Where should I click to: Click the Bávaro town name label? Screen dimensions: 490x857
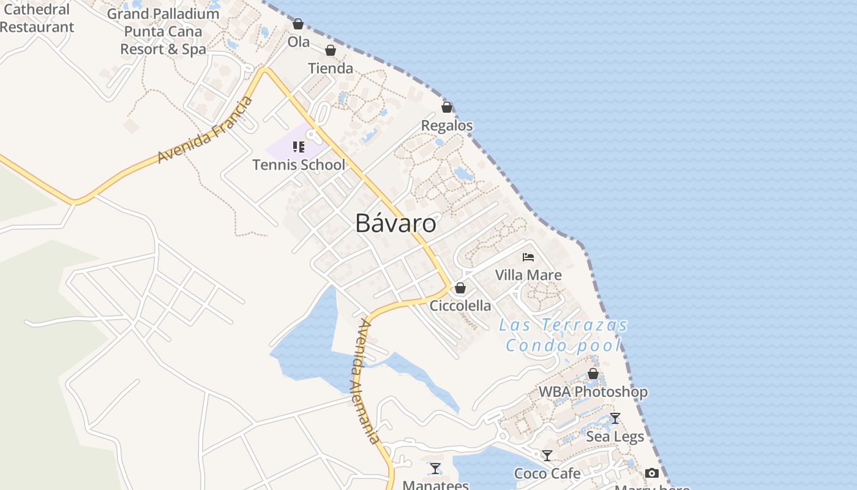point(395,224)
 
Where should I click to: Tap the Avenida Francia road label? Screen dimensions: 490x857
point(204,130)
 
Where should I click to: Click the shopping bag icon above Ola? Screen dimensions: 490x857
point(298,24)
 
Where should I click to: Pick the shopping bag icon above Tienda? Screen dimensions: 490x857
point(331,50)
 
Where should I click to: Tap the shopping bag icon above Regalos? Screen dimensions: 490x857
point(447,107)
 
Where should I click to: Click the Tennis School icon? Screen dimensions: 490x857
point(299,146)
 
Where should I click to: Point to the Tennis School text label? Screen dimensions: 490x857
point(299,165)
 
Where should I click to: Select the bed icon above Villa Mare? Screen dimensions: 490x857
point(528,257)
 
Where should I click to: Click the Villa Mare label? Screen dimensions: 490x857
point(528,275)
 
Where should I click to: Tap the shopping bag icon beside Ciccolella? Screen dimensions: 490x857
point(460,288)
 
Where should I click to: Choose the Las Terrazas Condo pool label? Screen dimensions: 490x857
point(563,335)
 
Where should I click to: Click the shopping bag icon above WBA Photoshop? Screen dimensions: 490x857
point(593,374)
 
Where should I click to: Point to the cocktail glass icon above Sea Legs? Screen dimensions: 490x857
point(615,418)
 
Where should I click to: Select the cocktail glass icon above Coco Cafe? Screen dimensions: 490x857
point(547,456)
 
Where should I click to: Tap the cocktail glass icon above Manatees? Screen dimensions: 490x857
point(435,469)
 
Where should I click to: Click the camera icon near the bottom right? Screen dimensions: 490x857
point(652,473)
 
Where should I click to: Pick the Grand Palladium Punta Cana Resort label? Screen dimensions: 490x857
point(163,31)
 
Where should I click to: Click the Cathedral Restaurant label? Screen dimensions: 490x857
point(37,18)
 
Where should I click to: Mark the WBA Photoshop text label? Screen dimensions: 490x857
point(593,392)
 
